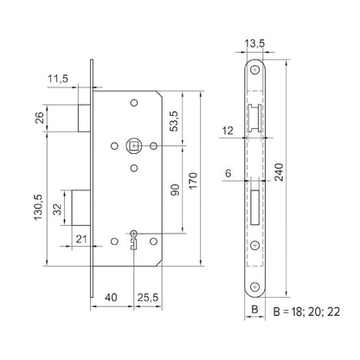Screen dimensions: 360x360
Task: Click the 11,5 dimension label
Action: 57,77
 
